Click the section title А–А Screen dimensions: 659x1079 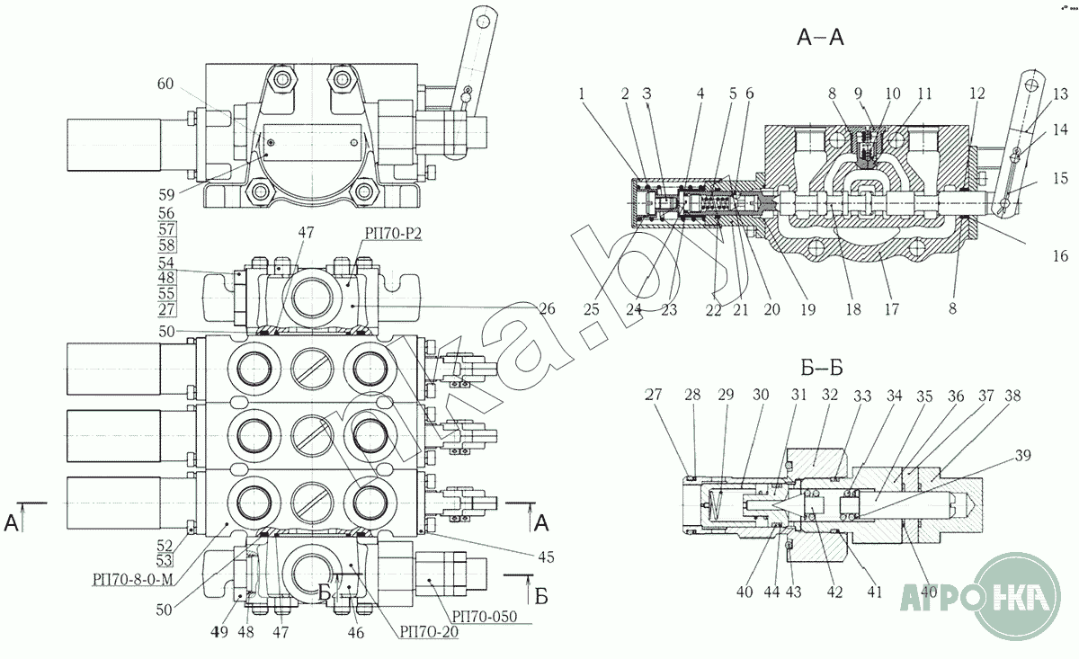(819, 38)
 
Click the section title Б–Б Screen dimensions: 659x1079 (818, 368)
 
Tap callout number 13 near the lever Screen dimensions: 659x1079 (1061, 92)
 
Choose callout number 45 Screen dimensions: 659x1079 (545, 556)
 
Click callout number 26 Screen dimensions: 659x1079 (548, 309)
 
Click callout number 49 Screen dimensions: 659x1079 (218, 632)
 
